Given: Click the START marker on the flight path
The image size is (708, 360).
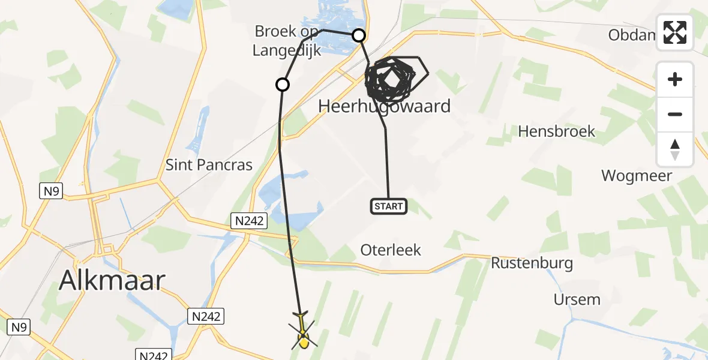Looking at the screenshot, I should pyautogui.click(x=389, y=207).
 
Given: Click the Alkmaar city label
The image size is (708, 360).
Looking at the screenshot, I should pyautogui.click(x=112, y=280).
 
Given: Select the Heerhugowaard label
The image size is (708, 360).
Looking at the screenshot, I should pyautogui.click(x=385, y=107).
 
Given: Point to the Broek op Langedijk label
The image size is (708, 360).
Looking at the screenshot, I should pyautogui.click(x=287, y=41).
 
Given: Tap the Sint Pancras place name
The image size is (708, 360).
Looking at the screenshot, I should pyautogui.click(x=209, y=165).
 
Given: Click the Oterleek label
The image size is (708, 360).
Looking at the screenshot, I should pyautogui.click(x=391, y=250).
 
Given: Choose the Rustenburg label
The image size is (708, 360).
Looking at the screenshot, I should pyautogui.click(x=532, y=263).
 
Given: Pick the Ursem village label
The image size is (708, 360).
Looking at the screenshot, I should pyautogui.click(x=577, y=299).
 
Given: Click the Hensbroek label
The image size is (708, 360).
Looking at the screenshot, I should pyautogui.click(x=556, y=131).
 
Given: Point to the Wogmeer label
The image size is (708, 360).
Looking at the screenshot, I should pyautogui.click(x=637, y=176).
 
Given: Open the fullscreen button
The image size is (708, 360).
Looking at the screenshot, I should pyautogui.click(x=675, y=32).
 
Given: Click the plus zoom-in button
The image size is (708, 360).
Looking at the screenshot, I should pyautogui.click(x=675, y=79).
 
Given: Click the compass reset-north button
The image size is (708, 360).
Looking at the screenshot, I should pyautogui.click(x=675, y=149).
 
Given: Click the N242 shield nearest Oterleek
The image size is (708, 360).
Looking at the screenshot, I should pyautogui.click(x=249, y=221).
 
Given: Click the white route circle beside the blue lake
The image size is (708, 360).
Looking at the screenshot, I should pyautogui.click(x=359, y=36).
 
